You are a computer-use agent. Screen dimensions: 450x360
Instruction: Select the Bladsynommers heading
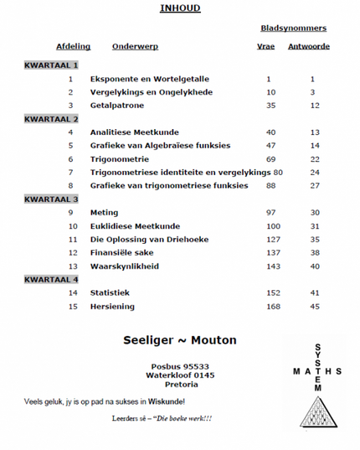pyautogui.click(x=294, y=28)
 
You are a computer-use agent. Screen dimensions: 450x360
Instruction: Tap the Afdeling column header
pyautogui.click(x=73, y=47)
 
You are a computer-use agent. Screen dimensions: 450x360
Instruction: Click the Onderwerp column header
pyautogui.click(x=135, y=47)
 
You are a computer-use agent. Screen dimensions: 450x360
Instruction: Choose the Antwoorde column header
pyautogui.click(x=309, y=47)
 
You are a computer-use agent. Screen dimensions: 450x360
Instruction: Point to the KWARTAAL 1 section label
pyautogui.click(x=51, y=65)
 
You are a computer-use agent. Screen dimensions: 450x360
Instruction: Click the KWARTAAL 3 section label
pyautogui.click(x=51, y=199)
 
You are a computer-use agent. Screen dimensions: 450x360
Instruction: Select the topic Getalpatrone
pyautogui.click(x=118, y=105)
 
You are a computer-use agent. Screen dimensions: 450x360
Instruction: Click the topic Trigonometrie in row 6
pyautogui.click(x=120, y=158)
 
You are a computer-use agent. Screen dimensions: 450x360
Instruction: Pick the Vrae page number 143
pyautogui.click(x=271, y=266)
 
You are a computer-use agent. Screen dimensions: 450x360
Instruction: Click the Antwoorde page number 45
pyautogui.click(x=315, y=306)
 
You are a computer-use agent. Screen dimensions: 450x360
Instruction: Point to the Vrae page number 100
pyautogui.click(x=271, y=225)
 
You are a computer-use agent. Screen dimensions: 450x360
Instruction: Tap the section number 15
pyautogui.click(x=72, y=306)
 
